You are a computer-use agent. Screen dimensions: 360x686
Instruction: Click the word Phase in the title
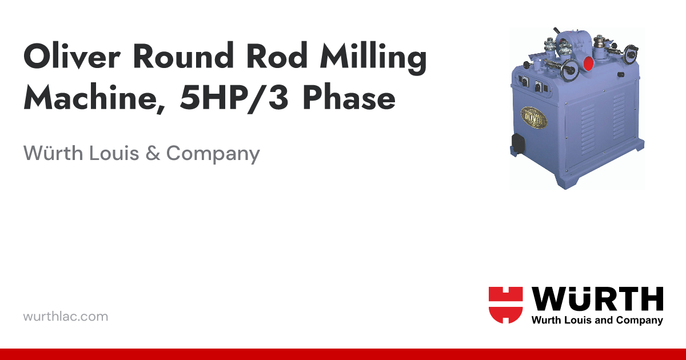349,99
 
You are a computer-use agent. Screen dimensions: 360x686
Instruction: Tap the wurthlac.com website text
65,316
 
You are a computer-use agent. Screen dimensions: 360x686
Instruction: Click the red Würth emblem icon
505,305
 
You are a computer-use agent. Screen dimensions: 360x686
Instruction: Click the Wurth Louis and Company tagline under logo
597,321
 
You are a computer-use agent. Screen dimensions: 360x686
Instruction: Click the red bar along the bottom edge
343,354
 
